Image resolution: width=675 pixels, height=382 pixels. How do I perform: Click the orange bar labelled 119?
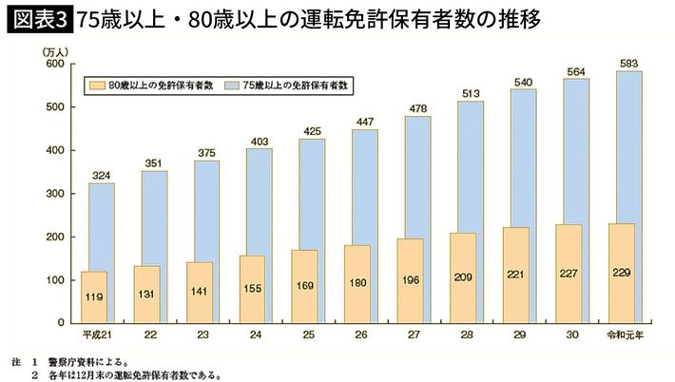95,297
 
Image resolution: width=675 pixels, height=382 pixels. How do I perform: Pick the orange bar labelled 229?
622,274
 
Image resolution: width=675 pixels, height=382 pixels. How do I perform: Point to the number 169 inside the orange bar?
305,285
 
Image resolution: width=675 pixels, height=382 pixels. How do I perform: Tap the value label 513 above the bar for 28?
469,92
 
